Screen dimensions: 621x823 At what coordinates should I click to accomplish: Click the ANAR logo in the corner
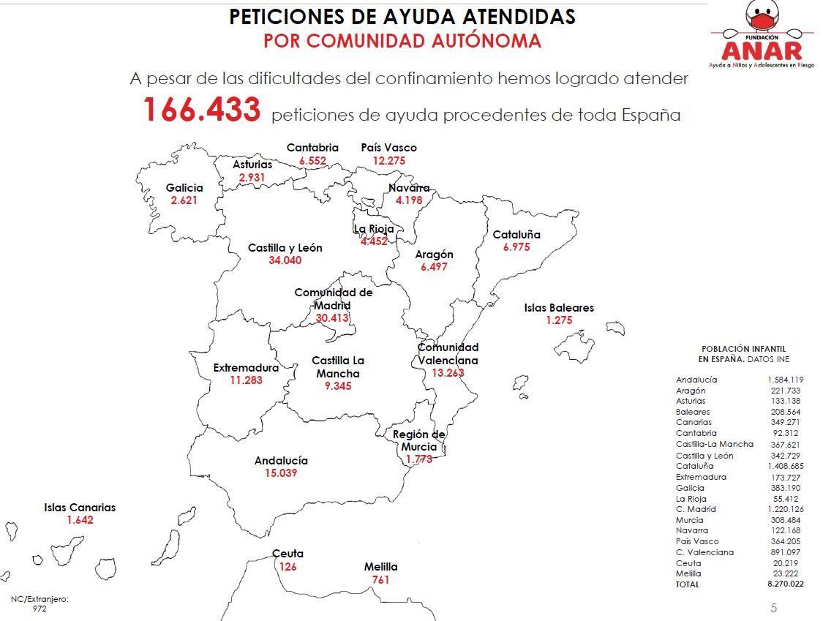(x=762, y=37)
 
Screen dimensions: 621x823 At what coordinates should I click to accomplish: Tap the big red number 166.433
(x=201, y=110)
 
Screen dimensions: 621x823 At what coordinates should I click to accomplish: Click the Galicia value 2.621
(x=184, y=200)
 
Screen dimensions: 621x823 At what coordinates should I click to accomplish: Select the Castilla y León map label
(x=285, y=248)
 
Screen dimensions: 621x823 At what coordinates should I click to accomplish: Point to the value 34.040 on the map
(x=285, y=260)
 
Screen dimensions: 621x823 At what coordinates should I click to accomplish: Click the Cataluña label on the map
(x=516, y=235)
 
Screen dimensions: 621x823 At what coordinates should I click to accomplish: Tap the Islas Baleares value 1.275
(x=559, y=320)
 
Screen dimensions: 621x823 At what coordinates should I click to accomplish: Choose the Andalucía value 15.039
(x=281, y=473)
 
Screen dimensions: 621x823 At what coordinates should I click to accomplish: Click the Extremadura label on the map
(x=246, y=367)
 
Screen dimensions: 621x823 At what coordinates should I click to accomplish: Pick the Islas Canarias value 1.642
(x=80, y=520)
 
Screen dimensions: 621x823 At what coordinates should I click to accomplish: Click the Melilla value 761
(x=380, y=580)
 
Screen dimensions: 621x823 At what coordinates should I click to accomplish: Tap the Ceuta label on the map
(x=288, y=554)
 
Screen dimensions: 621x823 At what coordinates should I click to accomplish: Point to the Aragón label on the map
(x=435, y=255)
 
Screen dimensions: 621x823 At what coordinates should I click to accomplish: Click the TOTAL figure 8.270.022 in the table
(x=785, y=584)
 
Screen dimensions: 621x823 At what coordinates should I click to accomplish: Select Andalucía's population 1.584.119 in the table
(x=785, y=380)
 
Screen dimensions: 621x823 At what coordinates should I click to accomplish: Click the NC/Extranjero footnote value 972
(x=40, y=609)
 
